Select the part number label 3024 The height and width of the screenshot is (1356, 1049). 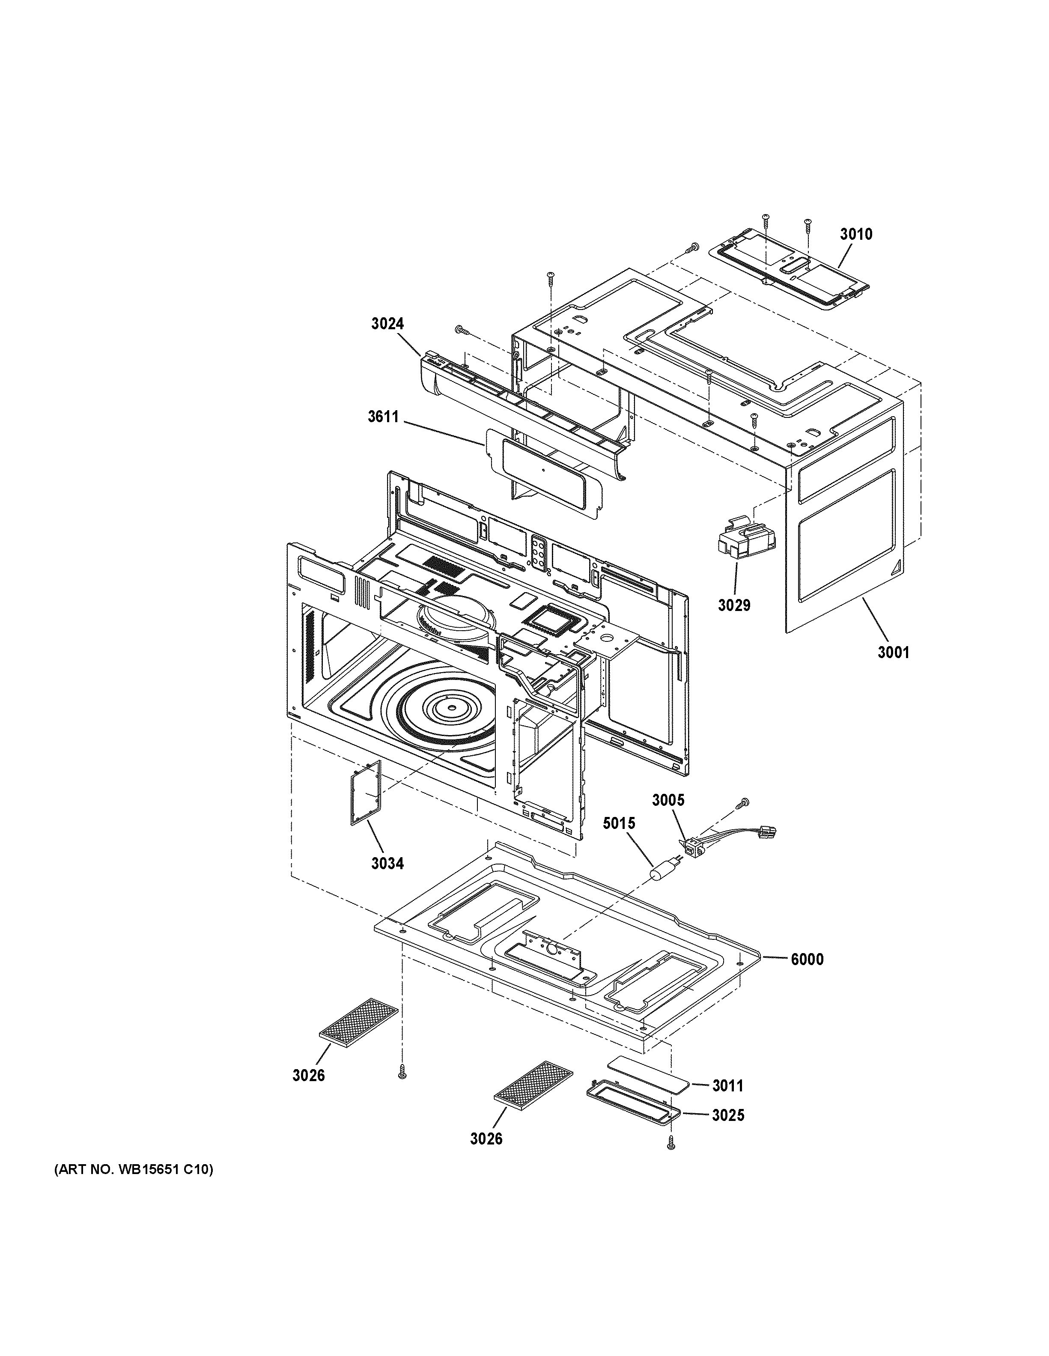tap(387, 323)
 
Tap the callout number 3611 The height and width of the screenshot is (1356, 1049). tap(383, 417)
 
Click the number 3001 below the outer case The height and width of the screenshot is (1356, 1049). tap(893, 652)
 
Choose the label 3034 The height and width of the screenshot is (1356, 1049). tap(387, 863)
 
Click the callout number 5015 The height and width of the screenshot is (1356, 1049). tap(619, 823)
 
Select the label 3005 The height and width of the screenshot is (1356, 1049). tap(668, 800)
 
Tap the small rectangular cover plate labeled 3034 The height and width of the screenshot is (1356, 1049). tap(364, 794)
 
